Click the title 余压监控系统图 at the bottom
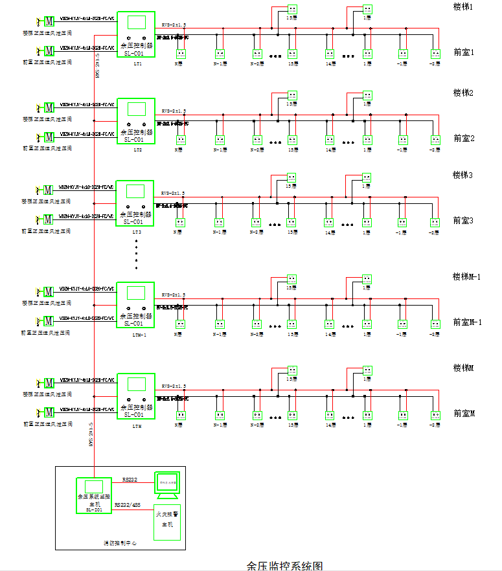tap(284, 565)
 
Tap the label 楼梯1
tap(463, 6)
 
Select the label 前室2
tap(464, 138)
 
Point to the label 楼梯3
tap(463, 175)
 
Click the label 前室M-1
tap(467, 322)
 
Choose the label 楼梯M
tap(464, 368)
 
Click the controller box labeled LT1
tap(136, 34)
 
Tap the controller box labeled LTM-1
tap(136, 305)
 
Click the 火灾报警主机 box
tap(166, 522)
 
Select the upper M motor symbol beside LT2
tap(49, 107)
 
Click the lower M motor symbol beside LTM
tap(49, 412)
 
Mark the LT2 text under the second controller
tap(137, 150)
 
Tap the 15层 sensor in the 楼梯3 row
tap(291, 177)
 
